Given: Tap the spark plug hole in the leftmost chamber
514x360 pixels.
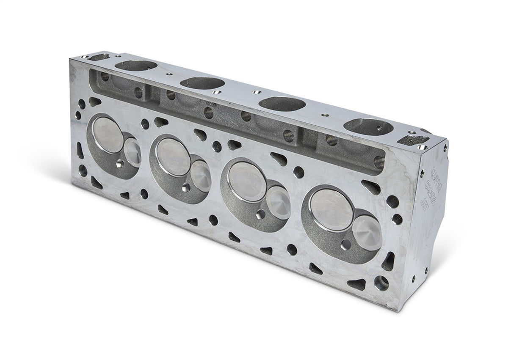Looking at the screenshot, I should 120,164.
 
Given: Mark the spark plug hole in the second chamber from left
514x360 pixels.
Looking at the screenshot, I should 187,188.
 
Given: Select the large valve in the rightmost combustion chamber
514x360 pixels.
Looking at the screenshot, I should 332,209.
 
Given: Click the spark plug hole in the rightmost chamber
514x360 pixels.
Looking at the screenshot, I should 346,245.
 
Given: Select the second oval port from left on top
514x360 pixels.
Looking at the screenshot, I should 201,82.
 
